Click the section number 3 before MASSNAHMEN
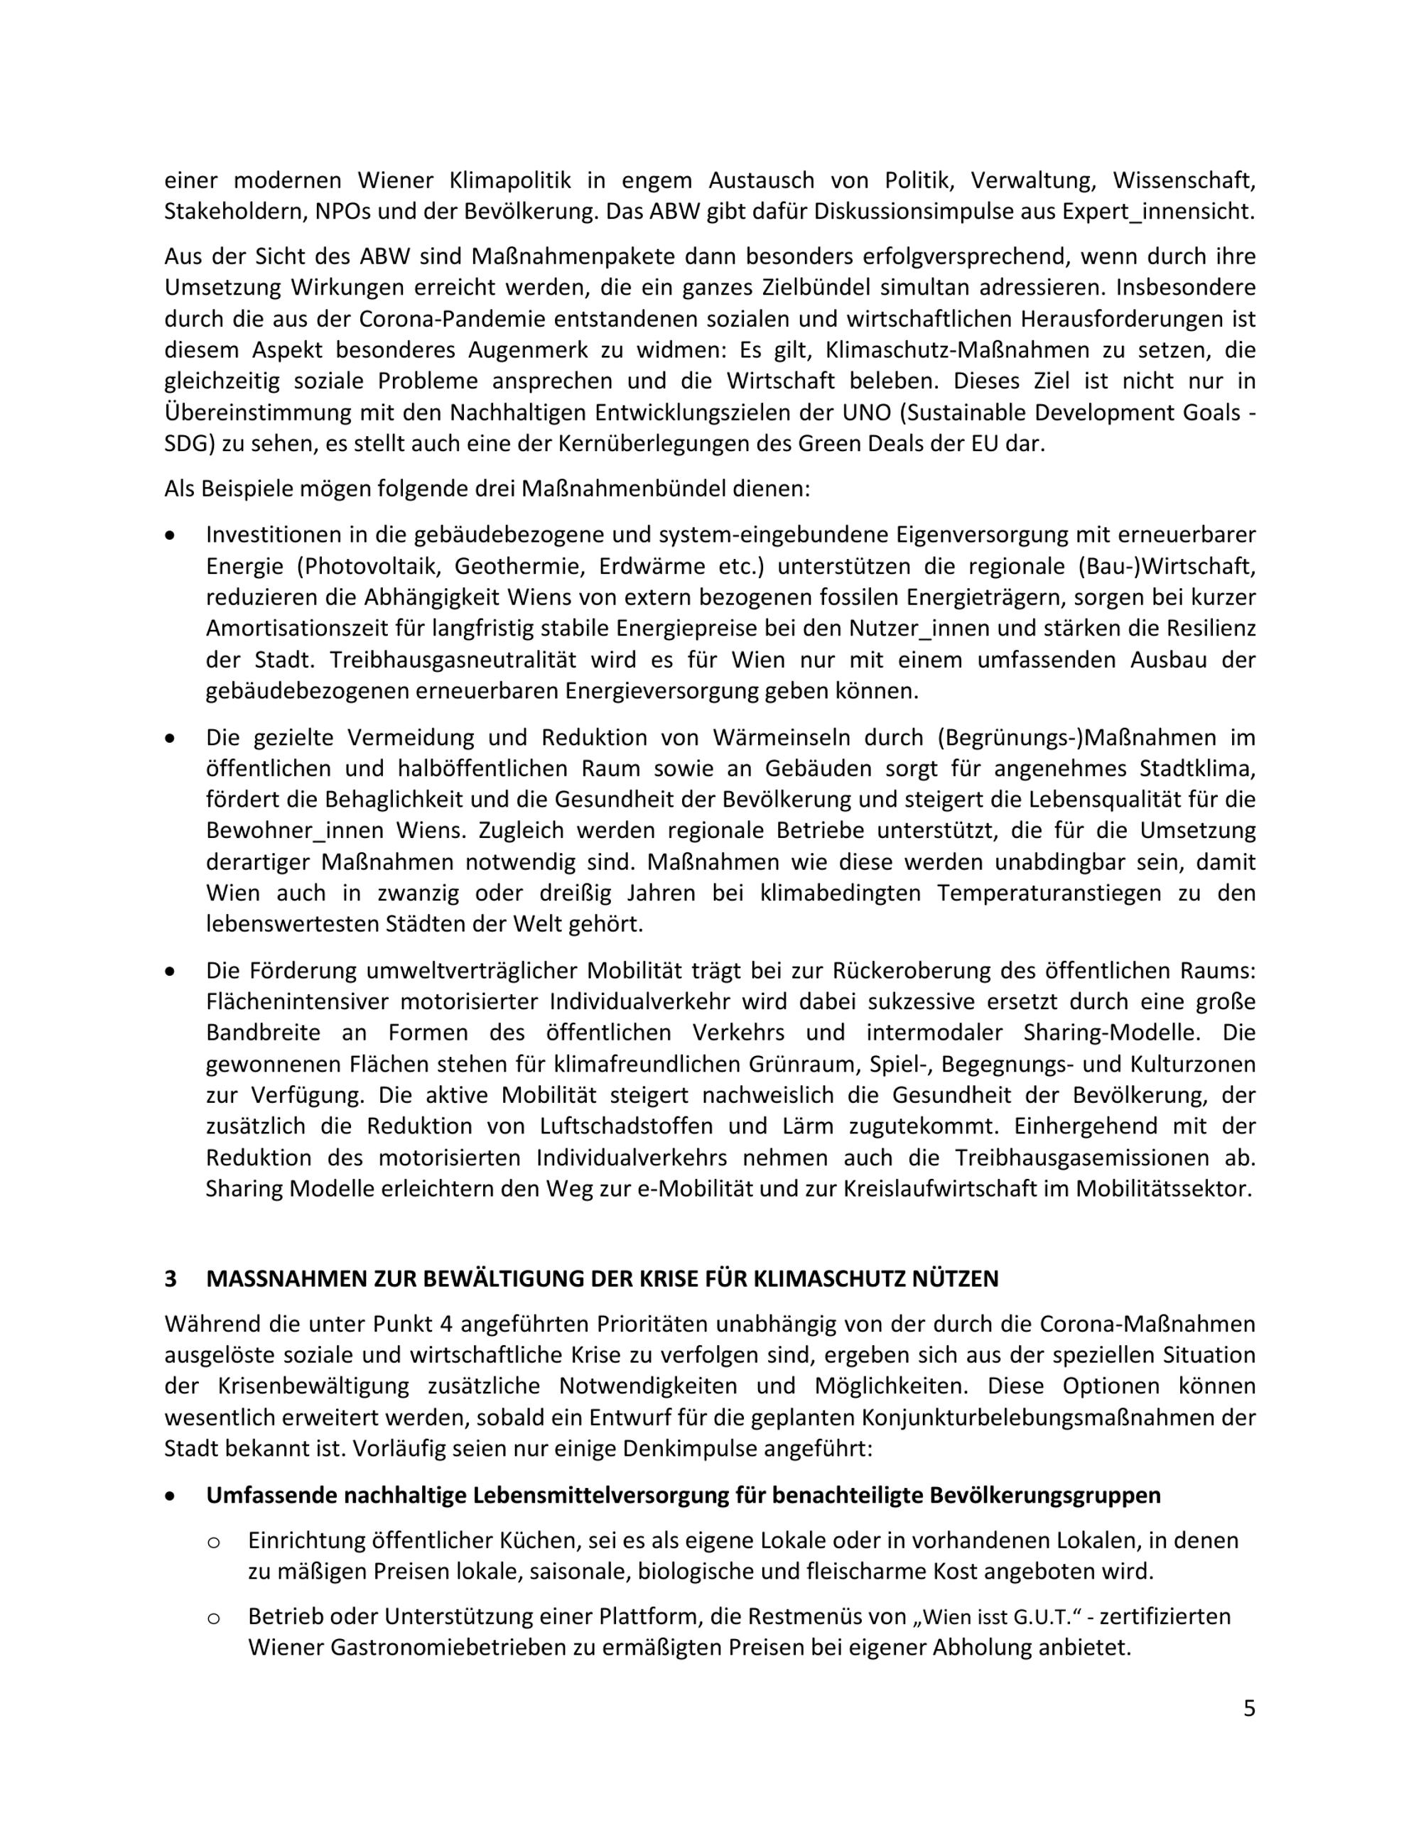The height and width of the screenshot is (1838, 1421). click(171, 1278)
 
